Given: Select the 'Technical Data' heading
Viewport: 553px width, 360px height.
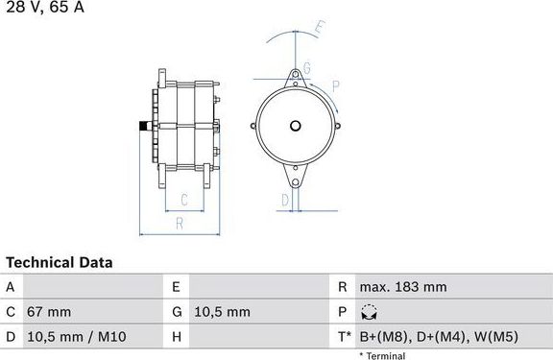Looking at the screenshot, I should [x=60, y=262].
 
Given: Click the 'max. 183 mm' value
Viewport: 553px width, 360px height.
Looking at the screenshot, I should [x=403, y=286].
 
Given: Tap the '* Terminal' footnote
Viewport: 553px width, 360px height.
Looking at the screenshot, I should [x=382, y=355].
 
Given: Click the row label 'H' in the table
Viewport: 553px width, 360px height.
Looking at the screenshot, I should [x=177, y=336].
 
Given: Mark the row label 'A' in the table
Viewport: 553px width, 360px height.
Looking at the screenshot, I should [x=11, y=286].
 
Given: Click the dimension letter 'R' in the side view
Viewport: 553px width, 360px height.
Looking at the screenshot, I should [x=180, y=224].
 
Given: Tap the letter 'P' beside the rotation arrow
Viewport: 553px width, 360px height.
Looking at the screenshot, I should [x=336, y=85].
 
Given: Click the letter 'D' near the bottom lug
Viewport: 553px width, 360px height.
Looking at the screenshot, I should [x=285, y=199].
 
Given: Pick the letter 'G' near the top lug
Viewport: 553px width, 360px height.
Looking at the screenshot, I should [x=307, y=67].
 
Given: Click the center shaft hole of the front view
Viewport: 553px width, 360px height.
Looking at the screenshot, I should [x=297, y=126].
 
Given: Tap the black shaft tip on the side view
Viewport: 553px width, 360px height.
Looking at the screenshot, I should [x=144, y=126].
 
